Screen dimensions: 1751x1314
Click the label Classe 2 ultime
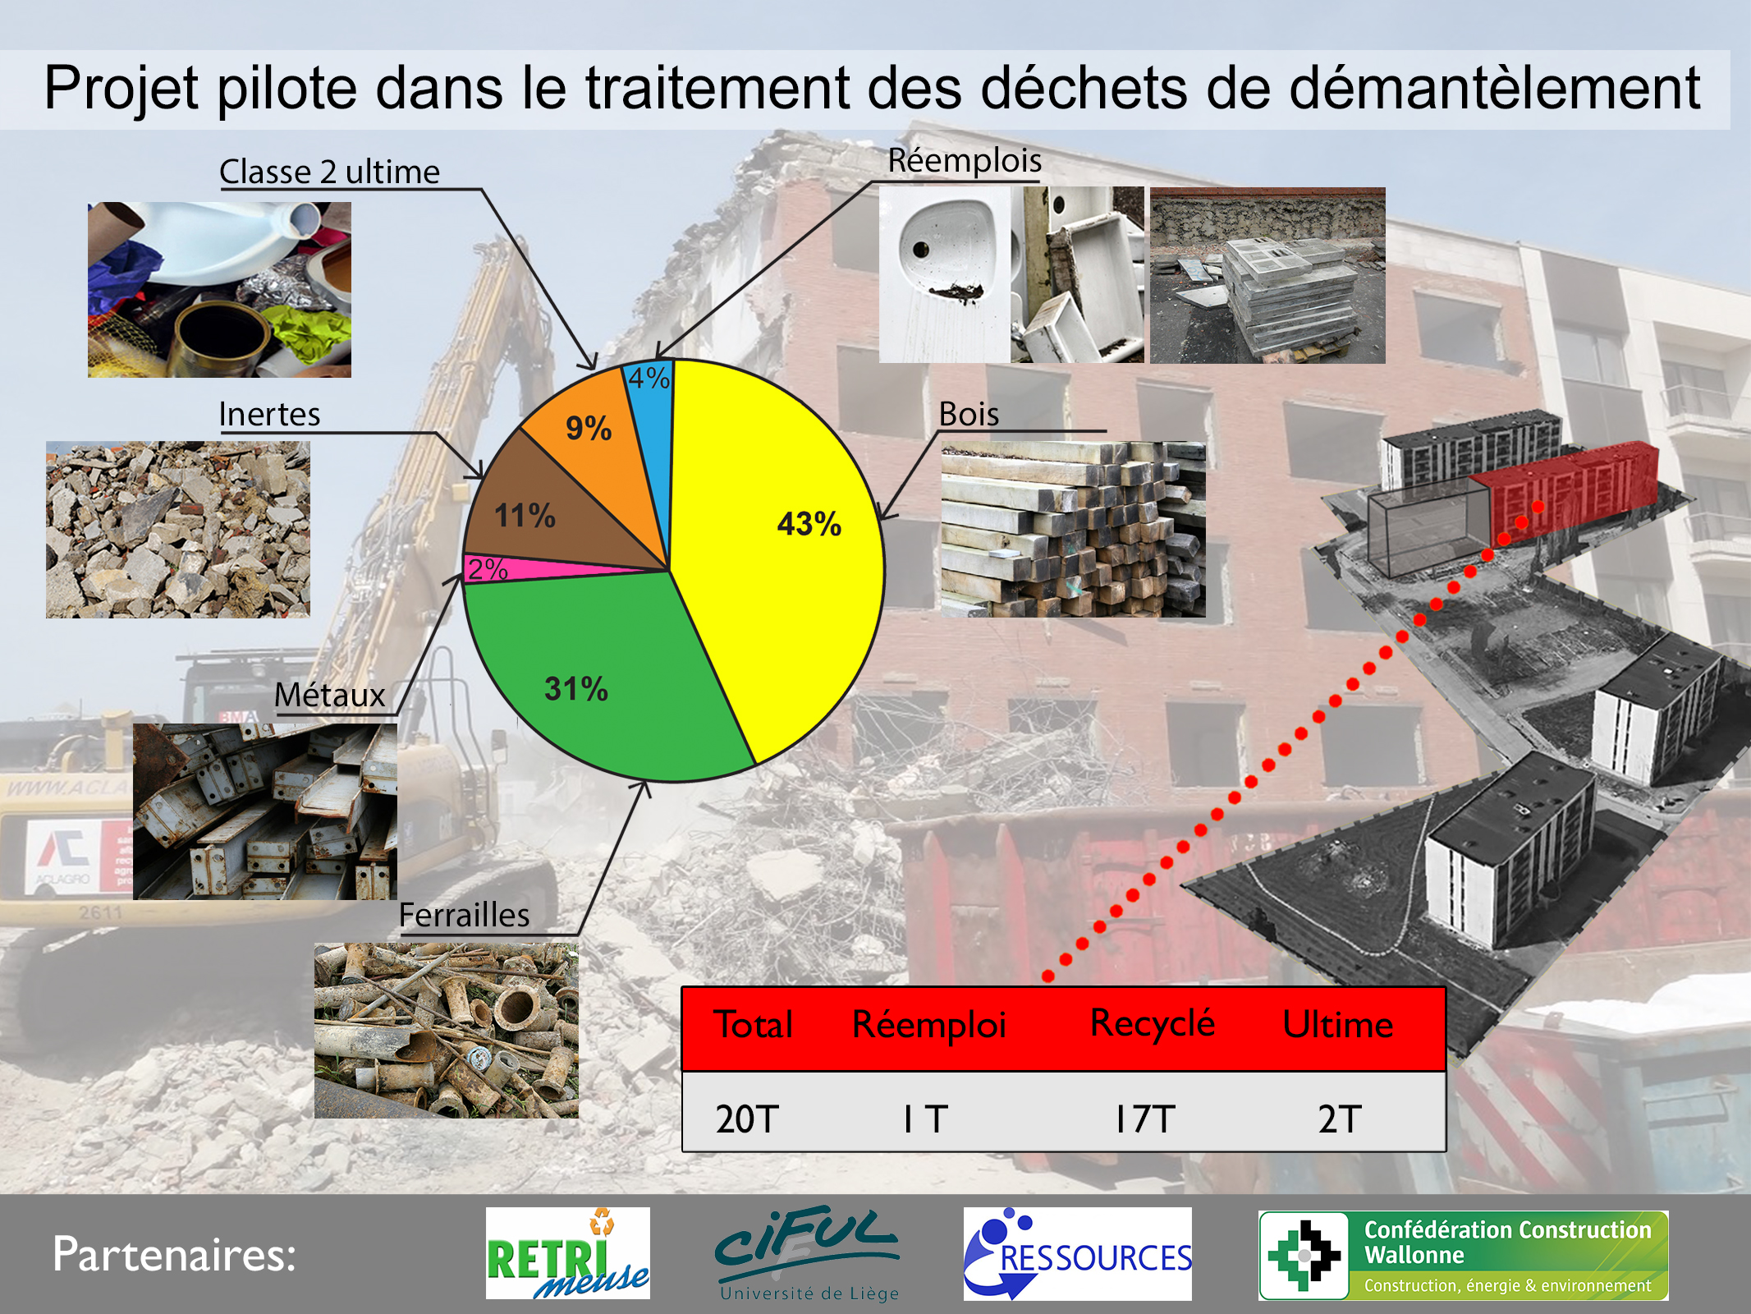pyautogui.click(x=329, y=172)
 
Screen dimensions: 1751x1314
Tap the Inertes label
pyautogui.click(x=269, y=414)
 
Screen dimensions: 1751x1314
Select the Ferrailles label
pyautogui.click(x=464, y=915)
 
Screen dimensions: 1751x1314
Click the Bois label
pyautogui.click(x=969, y=414)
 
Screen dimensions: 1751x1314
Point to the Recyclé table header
pyautogui.click(x=1153, y=1023)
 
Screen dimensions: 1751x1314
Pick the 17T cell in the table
pyautogui.click(x=1145, y=1119)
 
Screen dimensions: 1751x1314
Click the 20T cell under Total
pyautogui.click(x=746, y=1119)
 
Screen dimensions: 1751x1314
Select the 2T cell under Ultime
pyautogui.click(x=1340, y=1119)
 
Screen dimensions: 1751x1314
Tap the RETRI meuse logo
pyautogui.click(x=567, y=1253)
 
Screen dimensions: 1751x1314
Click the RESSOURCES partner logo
pyautogui.click(x=1077, y=1253)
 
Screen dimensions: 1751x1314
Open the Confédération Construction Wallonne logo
pyautogui.click(x=1463, y=1255)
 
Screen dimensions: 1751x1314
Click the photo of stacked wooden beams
pyautogui.click(x=1073, y=530)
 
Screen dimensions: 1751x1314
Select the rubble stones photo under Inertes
pyautogui.click(x=178, y=530)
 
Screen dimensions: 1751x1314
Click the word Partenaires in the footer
pyautogui.click(x=174, y=1254)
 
